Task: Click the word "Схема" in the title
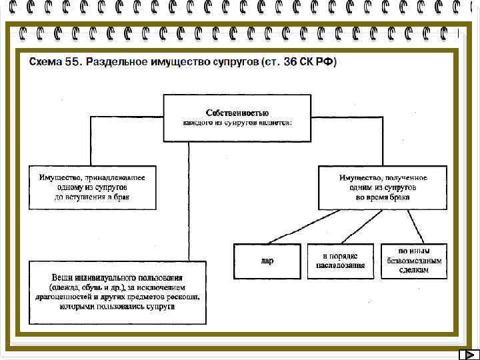[45, 62]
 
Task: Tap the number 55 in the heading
[73, 62]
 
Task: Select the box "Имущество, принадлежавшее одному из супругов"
[92, 187]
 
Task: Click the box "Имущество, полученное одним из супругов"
[383, 187]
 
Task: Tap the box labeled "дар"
[267, 261]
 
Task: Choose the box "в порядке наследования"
[340, 261]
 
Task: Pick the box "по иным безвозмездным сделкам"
[414, 261]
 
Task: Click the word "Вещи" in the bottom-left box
[63, 277]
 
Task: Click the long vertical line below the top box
[189, 200]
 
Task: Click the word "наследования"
[340, 265]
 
